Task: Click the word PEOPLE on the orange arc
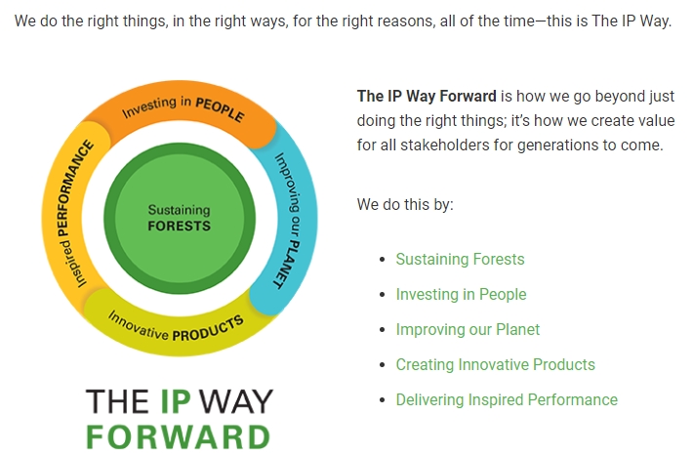(220, 109)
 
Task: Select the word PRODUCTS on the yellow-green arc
(208, 329)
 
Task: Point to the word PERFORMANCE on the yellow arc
(75, 188)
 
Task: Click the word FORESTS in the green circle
(179, 226)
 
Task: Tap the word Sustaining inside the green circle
(179, 210)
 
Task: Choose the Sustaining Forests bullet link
(460, 259)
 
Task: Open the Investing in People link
(461, 295)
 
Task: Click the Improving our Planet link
(468, 329)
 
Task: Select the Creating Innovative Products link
(496, 365)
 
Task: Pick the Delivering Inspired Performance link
(507, 399)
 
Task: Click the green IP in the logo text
(176, 401)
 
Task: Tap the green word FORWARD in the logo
(178, 437)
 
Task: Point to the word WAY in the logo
(236, 401)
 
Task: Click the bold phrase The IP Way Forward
(427, 97)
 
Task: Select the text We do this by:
(405, 205)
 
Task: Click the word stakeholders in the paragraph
(445, 145)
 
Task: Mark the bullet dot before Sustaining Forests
(383, 260)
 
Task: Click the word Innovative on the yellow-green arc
(138, 326)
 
